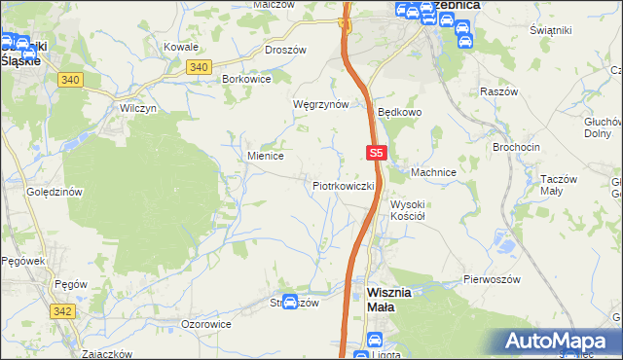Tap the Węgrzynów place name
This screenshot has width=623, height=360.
(x=321, y=104)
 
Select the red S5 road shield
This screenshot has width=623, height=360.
(x=378, y=153)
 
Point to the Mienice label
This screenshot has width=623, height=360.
(x=265, y=155)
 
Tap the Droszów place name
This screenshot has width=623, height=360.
(x=286, y=49)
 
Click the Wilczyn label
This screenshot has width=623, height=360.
(x=137, y=108)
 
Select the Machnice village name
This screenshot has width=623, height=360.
(x=433, y=172)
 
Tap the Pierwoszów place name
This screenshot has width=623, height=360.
(x=492, y=279)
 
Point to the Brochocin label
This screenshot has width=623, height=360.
(x=516, y=146)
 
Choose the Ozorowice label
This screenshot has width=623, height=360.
(x=206, y=323)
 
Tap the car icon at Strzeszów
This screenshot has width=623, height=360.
(x=290, y=303)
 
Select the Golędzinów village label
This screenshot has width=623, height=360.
(x=55, y=192)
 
